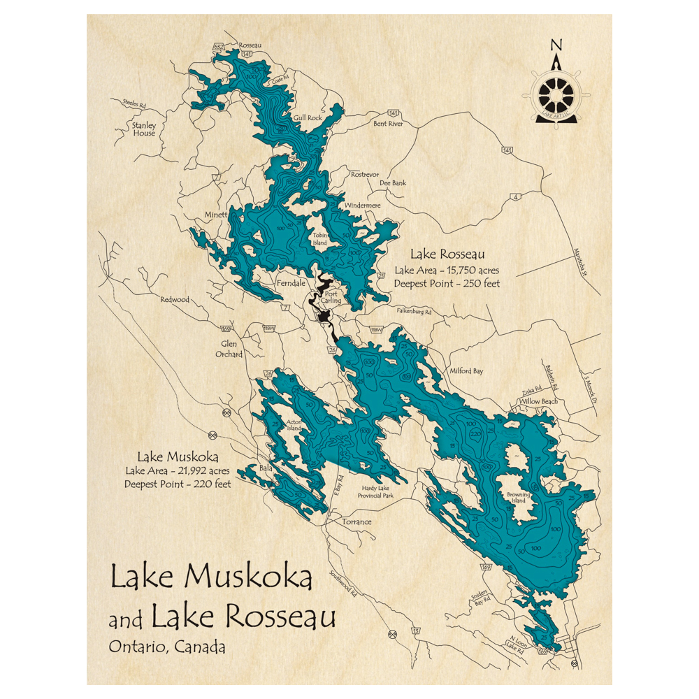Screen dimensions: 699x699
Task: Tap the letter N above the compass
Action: (x=556, y=45)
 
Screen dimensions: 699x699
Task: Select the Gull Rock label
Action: (x=308, y=118)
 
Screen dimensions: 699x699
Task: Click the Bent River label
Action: (x=388, y=124)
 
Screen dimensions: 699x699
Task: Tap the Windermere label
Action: (x=362, y=206)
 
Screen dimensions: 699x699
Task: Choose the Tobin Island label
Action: (x=320, y=239)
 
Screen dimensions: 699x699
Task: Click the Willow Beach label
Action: (x=538, y=402)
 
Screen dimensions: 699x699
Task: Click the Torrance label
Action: (x=356, y=522)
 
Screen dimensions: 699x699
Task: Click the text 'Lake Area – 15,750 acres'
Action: (x=446, y=271)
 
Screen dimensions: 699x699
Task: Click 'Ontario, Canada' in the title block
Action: (x=166, y=647)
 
